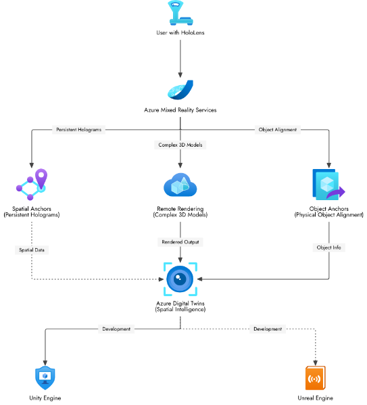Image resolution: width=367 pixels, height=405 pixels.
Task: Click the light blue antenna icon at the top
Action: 180,14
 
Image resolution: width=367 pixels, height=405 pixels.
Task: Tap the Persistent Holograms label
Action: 79,129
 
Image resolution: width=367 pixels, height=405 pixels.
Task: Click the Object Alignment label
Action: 277,129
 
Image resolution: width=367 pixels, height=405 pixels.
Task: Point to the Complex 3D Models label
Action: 180,145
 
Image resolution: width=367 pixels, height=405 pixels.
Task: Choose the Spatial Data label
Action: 32,249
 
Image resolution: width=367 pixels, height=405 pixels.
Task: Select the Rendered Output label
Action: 180,241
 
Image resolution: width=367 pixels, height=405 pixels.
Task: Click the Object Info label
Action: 329,247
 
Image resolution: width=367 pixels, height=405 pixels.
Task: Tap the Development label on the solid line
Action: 116,329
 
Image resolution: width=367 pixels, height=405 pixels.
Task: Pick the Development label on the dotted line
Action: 268,329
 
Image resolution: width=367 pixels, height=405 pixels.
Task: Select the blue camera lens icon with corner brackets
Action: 180,279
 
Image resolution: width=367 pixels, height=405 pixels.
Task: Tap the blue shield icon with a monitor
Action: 45,377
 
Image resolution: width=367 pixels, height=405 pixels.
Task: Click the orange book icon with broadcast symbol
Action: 315,378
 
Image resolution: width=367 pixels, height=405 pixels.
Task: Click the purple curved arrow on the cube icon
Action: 336,193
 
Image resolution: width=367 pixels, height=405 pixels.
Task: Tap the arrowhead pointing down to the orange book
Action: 315,362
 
